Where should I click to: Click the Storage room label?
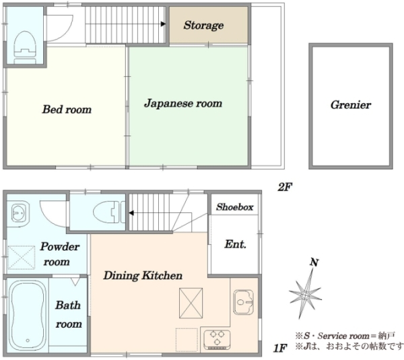(x=203, y=26)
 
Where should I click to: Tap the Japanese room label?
(x=183, y=103)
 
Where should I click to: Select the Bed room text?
(x=67, y=109)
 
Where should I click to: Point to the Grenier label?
(x=351, y=105)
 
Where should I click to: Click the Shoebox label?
(x=235, y=207)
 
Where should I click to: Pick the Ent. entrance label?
(x=235, y=244)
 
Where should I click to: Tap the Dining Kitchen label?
(x=143, y=276)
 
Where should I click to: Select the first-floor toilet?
(x=109, y=212)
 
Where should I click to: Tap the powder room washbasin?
(x=18, y=213)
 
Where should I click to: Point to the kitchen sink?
(x=244, y=301)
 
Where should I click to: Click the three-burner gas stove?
(x=217, y=339)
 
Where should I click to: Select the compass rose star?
(x=306, y=294)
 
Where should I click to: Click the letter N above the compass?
(x=314, y=262)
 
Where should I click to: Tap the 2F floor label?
(x=285, y=187)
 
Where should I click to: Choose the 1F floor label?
(x=280, y=349)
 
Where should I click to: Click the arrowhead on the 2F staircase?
(x=163, y=24)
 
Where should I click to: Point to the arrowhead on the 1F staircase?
(x=131, y=213)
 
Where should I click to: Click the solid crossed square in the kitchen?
(x=191, y=303)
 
